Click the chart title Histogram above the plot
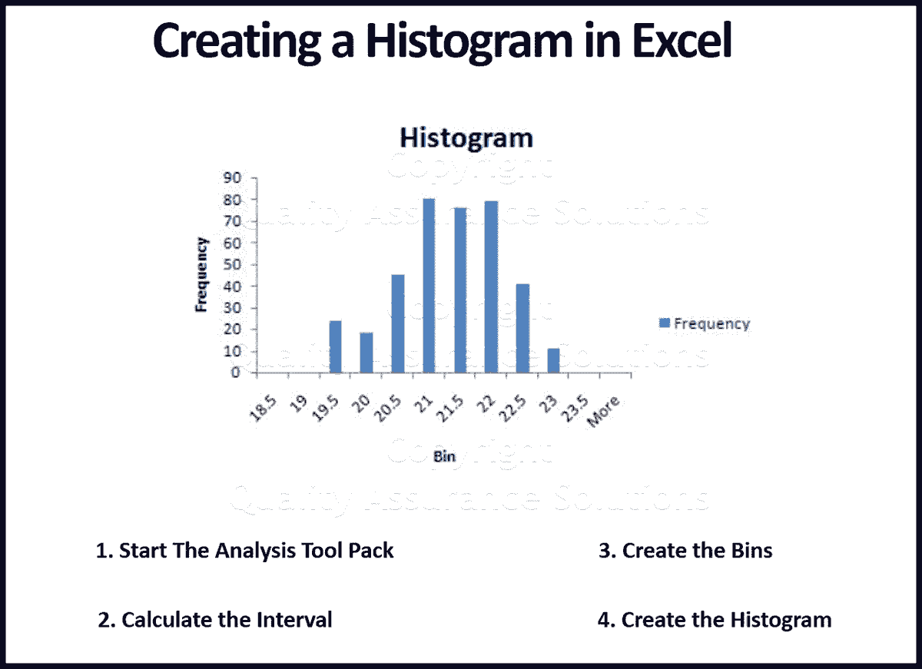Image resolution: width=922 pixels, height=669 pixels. (x=466, y=138)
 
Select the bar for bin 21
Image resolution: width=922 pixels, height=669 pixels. (x=429, y=286)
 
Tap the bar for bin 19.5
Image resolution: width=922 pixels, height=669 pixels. (x=335, y=346)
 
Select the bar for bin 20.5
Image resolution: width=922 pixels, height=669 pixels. (x=397, y=323)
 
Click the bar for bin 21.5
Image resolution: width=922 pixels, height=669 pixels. (x=459, y=290)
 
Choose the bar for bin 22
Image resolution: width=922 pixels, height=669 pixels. (x=491, y=287)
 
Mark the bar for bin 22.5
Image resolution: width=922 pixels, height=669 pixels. (x=522, y=328)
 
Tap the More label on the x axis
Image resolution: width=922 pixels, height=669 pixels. (x=604, y=412)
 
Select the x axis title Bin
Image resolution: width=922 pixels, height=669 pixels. (x=444, y=457)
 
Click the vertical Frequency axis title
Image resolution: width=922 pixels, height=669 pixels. (x=202, y=274)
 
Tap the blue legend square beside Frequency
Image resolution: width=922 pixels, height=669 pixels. (x=664, y=323)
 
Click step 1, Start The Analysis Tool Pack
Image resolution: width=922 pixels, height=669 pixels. (x=245, y=551)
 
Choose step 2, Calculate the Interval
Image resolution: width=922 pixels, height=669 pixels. (x=216, y=620)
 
